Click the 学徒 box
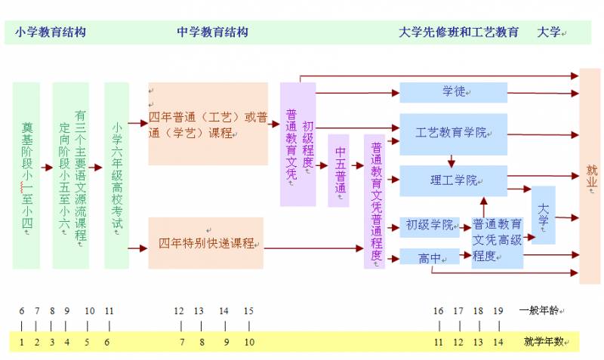pyautogui.click(x=453, y=92)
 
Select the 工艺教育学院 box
pyautogui.click(x=453, y=132)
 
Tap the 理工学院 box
pyautogui.click(x=453, y=180)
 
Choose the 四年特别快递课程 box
pyautogui.click(x=206, y=243)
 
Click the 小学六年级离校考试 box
pyautogui.click(x=117, y=175)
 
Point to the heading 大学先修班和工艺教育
pyautogui.click(x=458, y=32)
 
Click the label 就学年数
pyautogui.click(x=544, y=342)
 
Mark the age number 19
pyautogui.click(x=498, y=310)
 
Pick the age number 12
pyautogui.click(x=179, y=310)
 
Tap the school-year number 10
pyautogui.click(x=248, y=342)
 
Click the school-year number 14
pyautogui.click(x=498, y=342)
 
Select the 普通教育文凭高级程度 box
pyautogui.click(x=497, y=241)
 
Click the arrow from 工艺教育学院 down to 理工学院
pyautogui.click(x=451, y=159)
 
